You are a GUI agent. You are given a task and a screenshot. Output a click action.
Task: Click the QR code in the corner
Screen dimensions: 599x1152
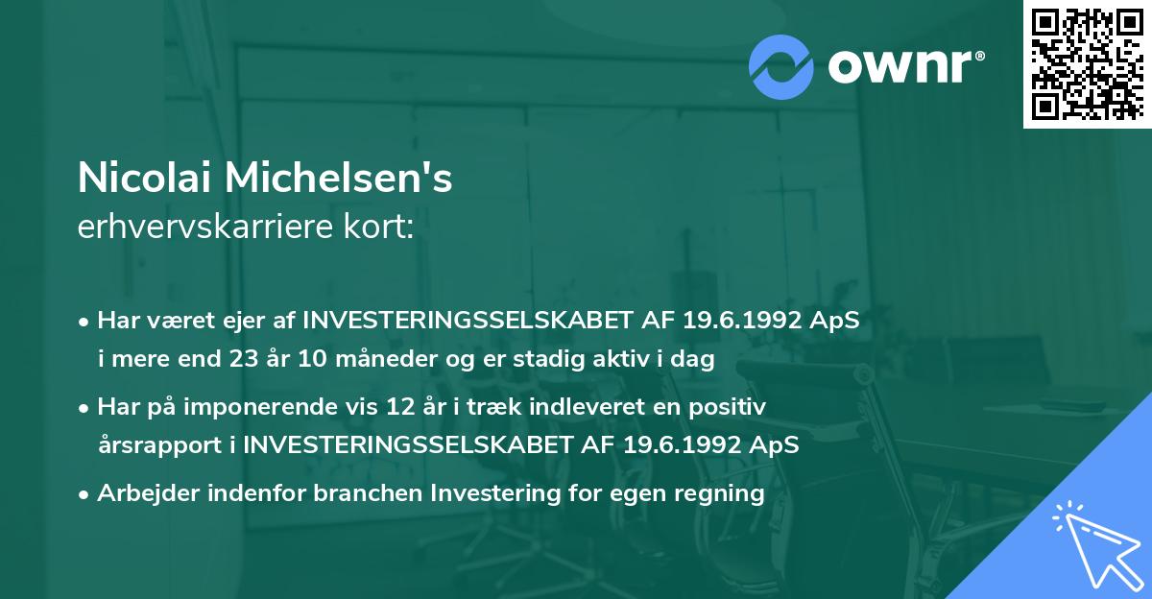1088,63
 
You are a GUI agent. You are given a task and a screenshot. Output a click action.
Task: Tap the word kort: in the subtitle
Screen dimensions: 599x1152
381,228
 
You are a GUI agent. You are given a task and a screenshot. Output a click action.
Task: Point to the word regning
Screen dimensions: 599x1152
717,494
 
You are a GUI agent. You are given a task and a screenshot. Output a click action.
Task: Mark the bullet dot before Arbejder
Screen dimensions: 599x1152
84,494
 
